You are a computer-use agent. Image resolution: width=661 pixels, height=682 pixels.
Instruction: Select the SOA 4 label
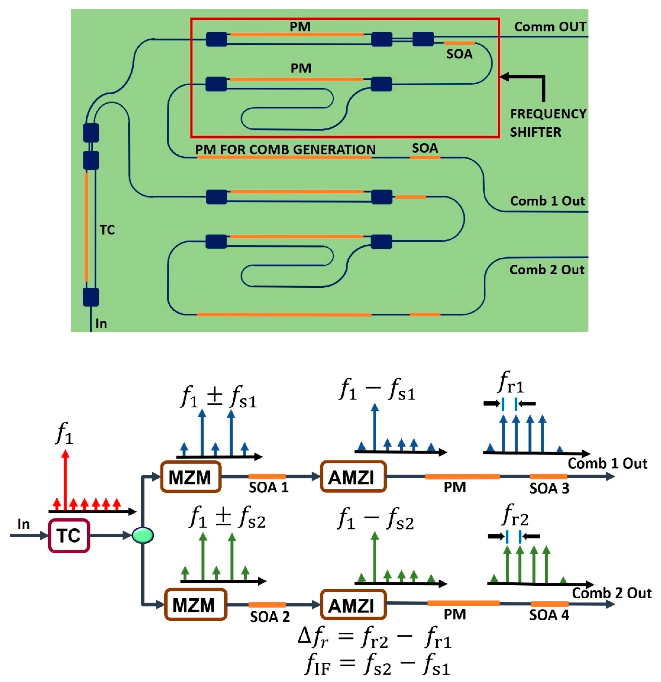click(x=549, y=615)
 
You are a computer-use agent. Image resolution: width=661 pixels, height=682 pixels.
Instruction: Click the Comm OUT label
click(x=550, y=27)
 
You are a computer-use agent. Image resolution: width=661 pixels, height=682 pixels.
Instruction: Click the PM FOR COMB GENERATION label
click(x=285, y=150)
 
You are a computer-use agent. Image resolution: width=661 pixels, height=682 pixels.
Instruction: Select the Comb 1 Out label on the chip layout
click(x=547, y=201)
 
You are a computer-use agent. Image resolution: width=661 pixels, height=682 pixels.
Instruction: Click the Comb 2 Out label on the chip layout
click(x=547, y=270)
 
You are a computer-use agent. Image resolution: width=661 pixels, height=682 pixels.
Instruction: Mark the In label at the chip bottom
click(x=101, y=324)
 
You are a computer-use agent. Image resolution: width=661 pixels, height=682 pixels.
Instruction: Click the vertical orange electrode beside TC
click(x=86, y=227)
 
